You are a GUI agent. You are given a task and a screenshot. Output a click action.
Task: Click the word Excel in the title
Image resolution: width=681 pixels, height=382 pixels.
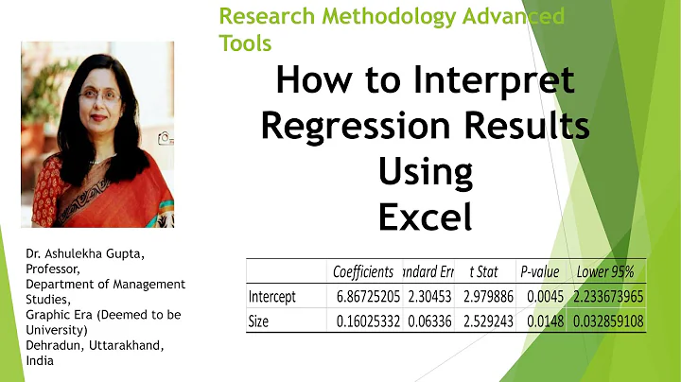(x=425, y=217)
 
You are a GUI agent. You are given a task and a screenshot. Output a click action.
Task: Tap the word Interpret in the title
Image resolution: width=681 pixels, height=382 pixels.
(x=491, y=81)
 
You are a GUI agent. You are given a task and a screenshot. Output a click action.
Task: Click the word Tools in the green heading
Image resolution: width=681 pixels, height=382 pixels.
(x=245, y=43)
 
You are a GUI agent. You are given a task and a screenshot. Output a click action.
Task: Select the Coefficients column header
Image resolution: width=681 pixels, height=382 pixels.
(x=363, y=271)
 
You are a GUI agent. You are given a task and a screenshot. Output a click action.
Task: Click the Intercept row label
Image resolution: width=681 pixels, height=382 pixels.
(x=272, y=297)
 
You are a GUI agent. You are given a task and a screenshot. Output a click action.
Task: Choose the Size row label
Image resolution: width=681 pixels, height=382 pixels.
(x=258, y=321)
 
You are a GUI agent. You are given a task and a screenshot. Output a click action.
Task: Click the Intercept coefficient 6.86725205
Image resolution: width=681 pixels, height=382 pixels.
(x=365, y=297)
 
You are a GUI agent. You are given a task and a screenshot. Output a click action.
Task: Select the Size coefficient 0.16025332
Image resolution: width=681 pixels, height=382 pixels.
(x=365, y=321)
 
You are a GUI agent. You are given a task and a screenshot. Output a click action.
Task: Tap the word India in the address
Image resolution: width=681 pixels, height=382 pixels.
(x=40, y=360)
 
